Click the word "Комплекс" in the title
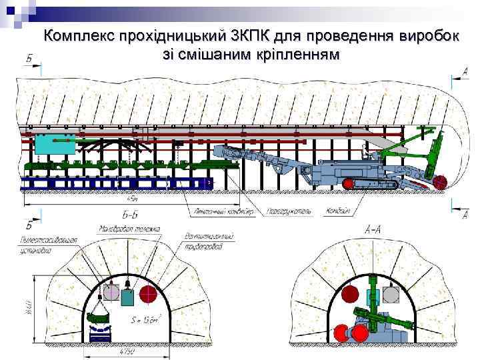tap(79, 37)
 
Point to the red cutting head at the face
tap(440, 181)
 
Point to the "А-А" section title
tap(373, 229)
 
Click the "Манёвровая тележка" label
tap(130, 230)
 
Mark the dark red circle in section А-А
tap(349, 294)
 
